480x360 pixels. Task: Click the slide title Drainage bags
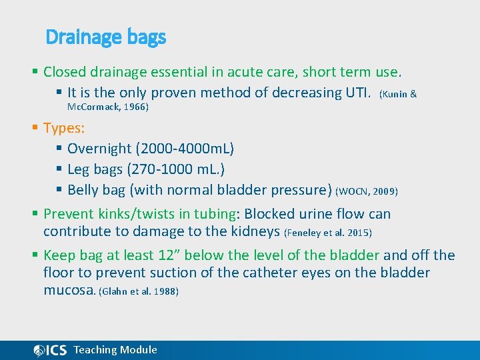click(x=105, y=37)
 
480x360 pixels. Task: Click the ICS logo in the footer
click(x=50, y=350)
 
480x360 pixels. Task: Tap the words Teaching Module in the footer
click(x=115, y=350)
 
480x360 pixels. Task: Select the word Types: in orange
click(x=64, y=127)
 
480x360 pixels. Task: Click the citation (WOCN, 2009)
click(x=367, y=191)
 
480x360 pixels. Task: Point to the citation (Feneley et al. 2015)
click(x=328, y=233)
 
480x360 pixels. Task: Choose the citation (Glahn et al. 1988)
click(x=139, y=292)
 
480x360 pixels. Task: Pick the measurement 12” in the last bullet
click(x=168, y=255)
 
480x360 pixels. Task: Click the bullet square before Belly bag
click(x=59, y=190)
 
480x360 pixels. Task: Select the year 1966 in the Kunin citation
click(x=135, y=106)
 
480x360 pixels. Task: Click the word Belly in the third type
click(x=83, y=190)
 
